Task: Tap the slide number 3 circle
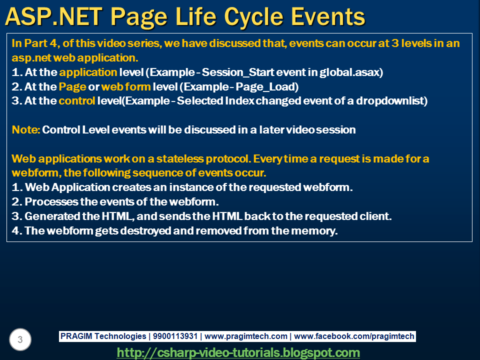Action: [x=20, y=339]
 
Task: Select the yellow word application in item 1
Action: [x=88, y=72]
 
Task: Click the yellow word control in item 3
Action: [x=77, y=100]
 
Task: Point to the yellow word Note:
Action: [x=25, y=130]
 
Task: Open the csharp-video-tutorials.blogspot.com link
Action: [x=238, y=352]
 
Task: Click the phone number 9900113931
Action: [x=175, y=336]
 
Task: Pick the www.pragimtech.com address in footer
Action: [x=246, y=336]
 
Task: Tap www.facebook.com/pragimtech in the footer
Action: [x=354, y=336]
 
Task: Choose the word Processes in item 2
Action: [x=51, y=201]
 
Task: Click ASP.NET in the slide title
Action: [x=54, y=17]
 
